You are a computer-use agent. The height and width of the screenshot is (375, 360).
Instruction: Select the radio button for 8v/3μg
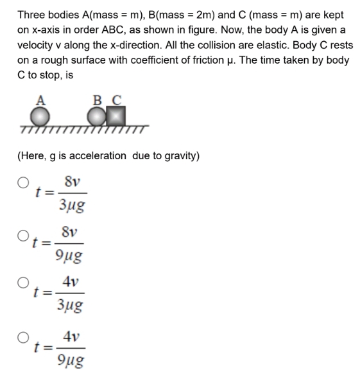point(23,183)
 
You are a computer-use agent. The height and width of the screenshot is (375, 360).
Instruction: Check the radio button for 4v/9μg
point(23,336)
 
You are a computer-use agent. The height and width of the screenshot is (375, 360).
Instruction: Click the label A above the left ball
point(41,100)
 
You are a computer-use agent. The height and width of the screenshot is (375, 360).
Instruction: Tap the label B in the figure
point(97,100)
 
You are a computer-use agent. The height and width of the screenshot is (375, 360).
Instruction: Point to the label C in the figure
point(116,100)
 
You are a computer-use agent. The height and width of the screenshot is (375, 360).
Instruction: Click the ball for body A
point(41,116)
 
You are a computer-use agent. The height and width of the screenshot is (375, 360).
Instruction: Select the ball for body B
point(96,117)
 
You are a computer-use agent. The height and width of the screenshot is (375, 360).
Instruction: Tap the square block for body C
point(116,117)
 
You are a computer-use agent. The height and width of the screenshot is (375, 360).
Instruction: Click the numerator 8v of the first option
point(72,181)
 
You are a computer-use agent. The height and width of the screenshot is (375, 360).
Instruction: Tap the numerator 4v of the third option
point(71,281)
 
